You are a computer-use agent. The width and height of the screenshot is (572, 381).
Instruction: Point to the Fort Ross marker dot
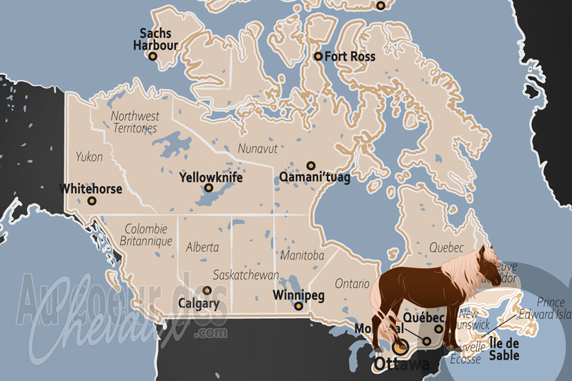click(x=318, y=56)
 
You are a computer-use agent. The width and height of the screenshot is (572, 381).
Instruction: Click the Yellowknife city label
click(x=211, y=176)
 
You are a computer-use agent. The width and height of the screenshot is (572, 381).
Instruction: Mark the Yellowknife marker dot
click(x=209, y=189)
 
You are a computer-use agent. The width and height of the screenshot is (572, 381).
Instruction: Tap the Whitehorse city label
click(x=91, y=189)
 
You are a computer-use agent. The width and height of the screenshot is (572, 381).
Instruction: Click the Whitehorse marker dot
click(x=91, y=202)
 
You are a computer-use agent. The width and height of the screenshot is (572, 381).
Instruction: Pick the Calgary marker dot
click(x=207, y=291)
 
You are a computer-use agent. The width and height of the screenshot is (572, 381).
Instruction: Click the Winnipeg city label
click(x=300, y=294)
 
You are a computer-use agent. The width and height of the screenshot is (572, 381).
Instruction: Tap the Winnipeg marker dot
click(x=299, y=307)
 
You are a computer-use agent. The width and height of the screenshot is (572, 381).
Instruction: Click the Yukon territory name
click(x=89, y=157)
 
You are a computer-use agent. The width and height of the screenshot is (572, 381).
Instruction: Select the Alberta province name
click(x=202, y=247)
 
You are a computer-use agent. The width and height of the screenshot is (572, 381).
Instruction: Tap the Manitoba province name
click(x=302, y=255)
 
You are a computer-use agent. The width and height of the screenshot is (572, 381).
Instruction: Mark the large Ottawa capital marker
click(x=402, y=347)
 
